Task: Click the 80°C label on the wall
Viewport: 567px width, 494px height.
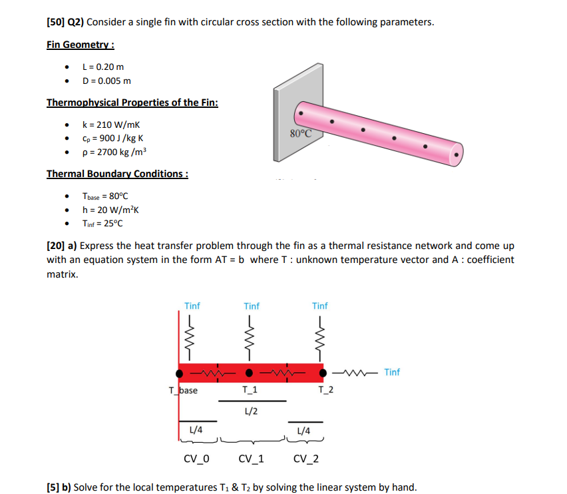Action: click(x=301, y=132)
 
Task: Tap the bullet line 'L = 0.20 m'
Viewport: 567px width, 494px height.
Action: click(x=102, y=67)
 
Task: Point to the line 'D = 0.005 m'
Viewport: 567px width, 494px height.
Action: click(x=106, y=81)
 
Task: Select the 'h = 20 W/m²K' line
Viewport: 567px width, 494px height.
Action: click(x=109, y=210)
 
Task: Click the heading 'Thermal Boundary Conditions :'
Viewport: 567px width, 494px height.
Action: click(x=117, y=174)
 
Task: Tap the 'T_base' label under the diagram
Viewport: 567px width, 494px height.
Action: click(x=183, y=390)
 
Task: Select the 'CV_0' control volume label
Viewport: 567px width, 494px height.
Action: click(x=196, y=459)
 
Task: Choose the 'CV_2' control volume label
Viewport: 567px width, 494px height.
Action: click(x=305, y=459)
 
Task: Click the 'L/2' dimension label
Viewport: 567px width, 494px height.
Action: click(x=252, y=411)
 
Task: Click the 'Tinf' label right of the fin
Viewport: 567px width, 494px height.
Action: click(x=392, y=372)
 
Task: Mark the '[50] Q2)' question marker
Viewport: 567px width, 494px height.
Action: click(x=65, y=22)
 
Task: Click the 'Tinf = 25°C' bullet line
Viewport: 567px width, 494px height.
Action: click(x=103, y=223)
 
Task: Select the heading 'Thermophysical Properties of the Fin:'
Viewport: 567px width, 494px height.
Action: click(x=132, y=103)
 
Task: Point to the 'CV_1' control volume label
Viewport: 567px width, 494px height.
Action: click(x=251, y=459)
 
